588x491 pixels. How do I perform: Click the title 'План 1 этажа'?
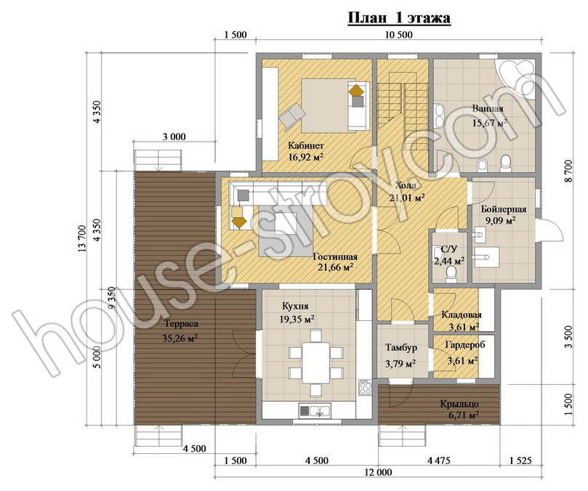pyautogui.click(x=399, y=18)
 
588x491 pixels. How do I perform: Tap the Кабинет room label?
pyautogui.click(x=305, y=145)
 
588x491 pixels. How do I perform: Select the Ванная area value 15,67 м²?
pyautogui.click(x=490, y=123)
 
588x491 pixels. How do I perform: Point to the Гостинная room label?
pyautogui.click(x=335, y=257)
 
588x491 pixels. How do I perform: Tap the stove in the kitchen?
pyautogui.click(x=365, y=387)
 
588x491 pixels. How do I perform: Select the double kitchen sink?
pyautogui.click(x=315, y=410)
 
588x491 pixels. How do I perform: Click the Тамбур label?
pyautogui.click(x=401, y=348)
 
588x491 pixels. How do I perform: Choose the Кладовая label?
pyautogui.click(x=462, y=315)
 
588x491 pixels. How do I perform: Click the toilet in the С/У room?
pyautogui.click(x=451, y=275)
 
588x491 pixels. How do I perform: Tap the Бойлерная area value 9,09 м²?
pyautogui.click(x=500, y=220)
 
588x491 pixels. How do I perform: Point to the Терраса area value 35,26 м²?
pyautogui.click(x=180, y=338)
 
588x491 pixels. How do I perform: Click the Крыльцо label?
pyautogui.click(x=459, y=405)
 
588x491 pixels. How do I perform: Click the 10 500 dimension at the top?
pyautogui.click(x=398, y=35)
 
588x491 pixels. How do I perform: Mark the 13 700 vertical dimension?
pyautogui.click(x=81, y=238)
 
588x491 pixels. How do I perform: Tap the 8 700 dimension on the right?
pyautogui.click(x=568, y=171)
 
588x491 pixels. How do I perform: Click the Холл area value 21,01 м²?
pyautogui.click(x=406, y=198)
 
